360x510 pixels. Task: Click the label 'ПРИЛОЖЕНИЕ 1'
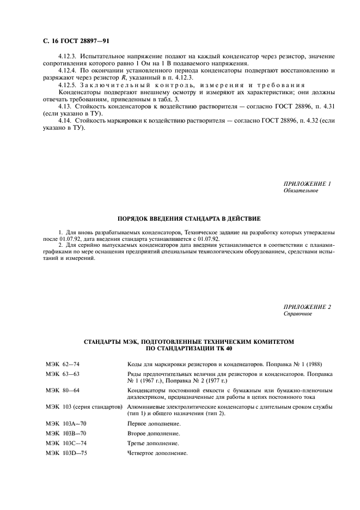point(307,184)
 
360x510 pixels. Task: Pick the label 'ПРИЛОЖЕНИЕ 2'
point(307,307)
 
